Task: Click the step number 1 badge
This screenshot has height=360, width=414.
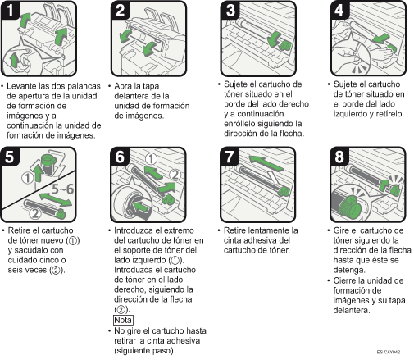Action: [10, 10]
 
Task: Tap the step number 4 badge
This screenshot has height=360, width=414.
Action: [339, 10]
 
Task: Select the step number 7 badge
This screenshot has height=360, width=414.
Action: [230, 157]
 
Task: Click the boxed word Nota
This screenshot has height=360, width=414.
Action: [123, 320]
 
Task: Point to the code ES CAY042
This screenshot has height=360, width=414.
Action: [389, 352]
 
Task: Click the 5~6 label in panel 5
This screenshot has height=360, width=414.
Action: [62, 189]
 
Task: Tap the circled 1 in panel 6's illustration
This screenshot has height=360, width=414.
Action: [151, 159]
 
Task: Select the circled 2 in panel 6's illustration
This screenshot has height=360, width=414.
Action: [175, 175]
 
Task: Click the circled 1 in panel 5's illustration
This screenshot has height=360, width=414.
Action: [27, 178]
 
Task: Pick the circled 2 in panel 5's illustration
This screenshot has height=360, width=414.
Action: [35, 213]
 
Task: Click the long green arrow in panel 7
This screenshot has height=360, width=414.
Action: [267, 163]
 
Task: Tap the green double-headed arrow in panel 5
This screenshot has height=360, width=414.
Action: [56, 200]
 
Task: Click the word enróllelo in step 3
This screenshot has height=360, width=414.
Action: [239, 124]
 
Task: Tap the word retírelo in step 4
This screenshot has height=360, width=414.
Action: [389, 114]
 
